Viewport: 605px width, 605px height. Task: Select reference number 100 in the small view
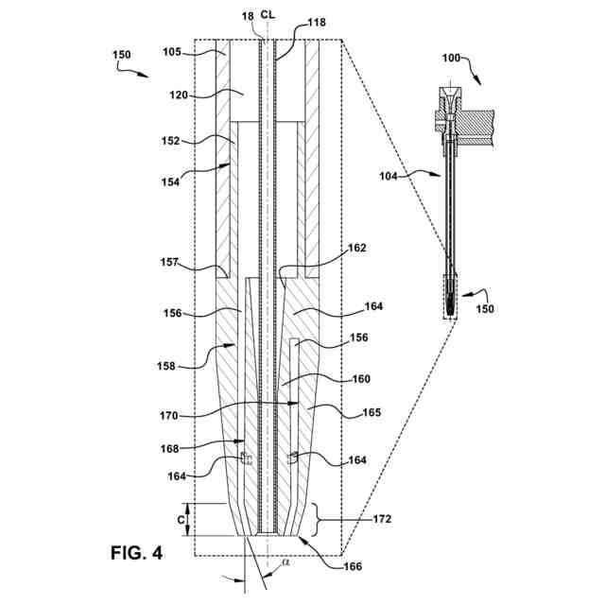tap(452, 58)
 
